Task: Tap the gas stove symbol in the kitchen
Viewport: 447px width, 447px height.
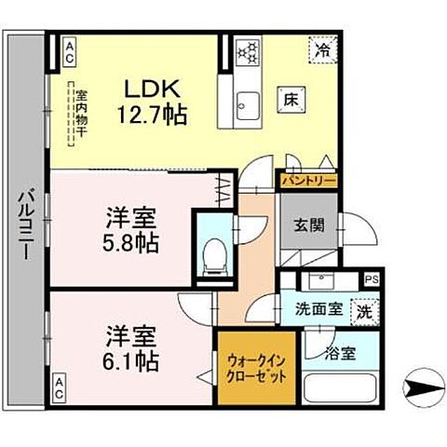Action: [x=249, y=52]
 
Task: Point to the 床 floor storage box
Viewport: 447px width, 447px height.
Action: [x=289, y=95]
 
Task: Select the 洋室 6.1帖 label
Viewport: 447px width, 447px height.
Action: [x=129, y=345]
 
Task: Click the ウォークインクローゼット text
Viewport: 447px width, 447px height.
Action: [x=251, y=366]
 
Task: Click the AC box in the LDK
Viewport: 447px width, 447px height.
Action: [x=67, y=52]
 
